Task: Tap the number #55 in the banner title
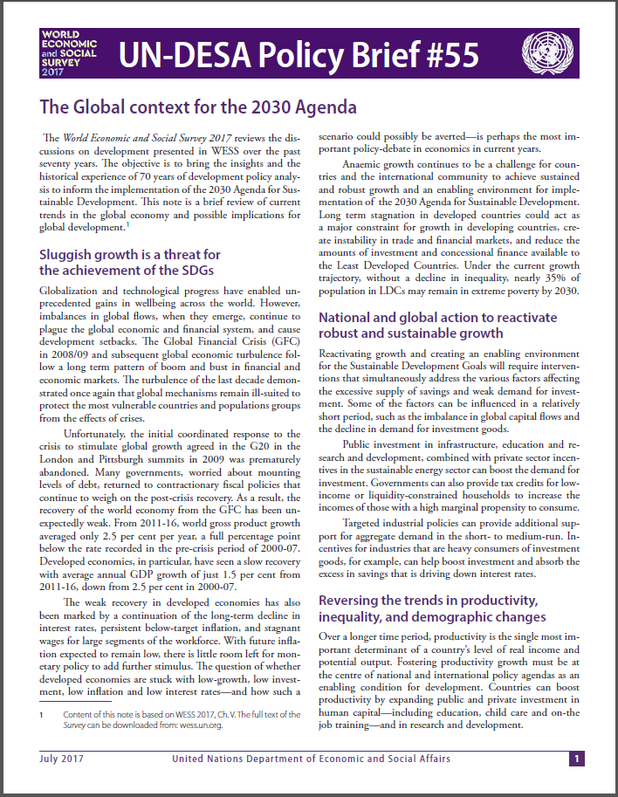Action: [445, 55]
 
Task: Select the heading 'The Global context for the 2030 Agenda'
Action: [199, 108]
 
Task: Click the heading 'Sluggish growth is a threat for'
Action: [130, 255]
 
